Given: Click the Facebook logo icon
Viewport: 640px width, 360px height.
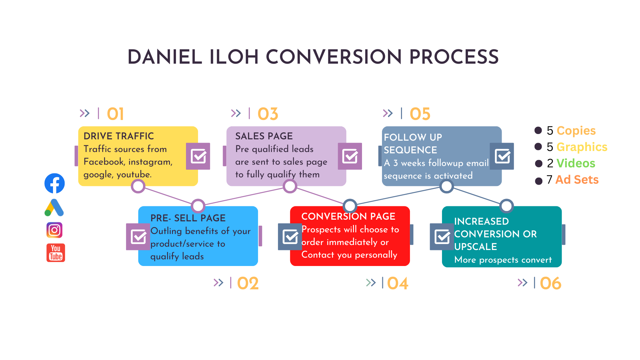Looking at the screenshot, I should coord(55,183).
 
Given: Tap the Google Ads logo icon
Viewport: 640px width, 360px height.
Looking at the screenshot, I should coord(54,208).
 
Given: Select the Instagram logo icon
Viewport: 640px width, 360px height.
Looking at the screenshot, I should coord(54,230).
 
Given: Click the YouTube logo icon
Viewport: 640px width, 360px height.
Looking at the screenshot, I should coord(56,253).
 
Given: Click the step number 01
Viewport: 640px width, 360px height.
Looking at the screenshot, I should coord(115,114).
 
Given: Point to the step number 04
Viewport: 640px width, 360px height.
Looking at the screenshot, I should coord(398,283).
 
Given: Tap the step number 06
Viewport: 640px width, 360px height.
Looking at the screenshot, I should coord(551,283).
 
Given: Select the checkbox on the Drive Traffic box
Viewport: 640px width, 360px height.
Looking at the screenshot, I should coord(198,156).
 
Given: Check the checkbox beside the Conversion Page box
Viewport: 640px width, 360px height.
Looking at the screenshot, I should coord(290,237).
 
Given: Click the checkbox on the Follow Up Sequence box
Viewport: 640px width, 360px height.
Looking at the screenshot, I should coord(502,156).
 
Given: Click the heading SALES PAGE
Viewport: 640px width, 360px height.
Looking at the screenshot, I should coord(264,136).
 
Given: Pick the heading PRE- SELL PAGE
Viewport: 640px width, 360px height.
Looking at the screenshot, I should coord(188,218).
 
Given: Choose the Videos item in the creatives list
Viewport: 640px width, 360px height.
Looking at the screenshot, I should coord(576,163).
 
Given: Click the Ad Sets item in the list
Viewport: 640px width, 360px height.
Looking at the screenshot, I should coord(577,180).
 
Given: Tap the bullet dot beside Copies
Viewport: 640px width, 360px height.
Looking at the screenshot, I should coord(538,130).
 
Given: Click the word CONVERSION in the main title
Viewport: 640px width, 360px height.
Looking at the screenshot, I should coord(334,57).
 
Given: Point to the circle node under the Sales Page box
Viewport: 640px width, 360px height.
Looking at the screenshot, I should coord(290,186).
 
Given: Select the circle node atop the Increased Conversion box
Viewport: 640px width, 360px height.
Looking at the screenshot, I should coord(506,206).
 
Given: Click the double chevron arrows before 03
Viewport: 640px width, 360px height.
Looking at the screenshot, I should coord(236,113).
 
